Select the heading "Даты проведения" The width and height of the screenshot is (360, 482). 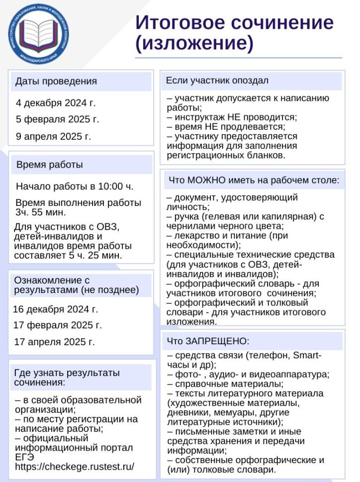point(56,81)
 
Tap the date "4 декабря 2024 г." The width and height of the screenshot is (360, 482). point(56,103)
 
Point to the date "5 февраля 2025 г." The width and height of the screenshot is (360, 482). point(58,119)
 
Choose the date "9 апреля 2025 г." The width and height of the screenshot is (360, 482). point(54,136)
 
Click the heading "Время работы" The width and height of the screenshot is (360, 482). point(50,165)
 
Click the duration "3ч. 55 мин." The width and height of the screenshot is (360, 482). point(40,212)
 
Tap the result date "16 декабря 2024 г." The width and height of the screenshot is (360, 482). point(56,309)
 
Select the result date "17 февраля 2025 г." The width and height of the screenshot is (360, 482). point(58,325)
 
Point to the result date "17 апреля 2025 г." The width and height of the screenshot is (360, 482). point(54,342)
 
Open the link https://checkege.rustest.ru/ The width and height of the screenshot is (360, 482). point(75,467)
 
